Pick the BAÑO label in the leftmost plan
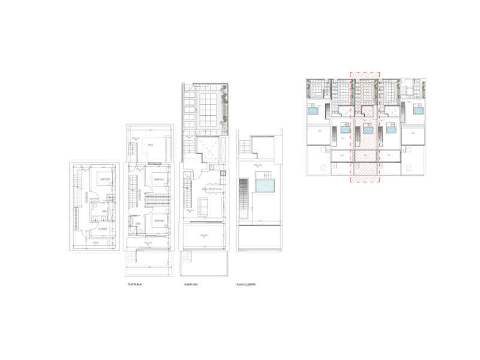104,212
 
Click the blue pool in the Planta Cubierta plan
263,187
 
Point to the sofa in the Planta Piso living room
202,207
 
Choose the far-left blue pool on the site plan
313,111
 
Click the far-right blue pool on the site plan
419,111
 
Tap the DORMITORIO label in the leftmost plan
104,179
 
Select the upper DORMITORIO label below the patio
159,179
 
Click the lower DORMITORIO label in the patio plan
159,220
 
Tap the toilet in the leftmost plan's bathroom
88,218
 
